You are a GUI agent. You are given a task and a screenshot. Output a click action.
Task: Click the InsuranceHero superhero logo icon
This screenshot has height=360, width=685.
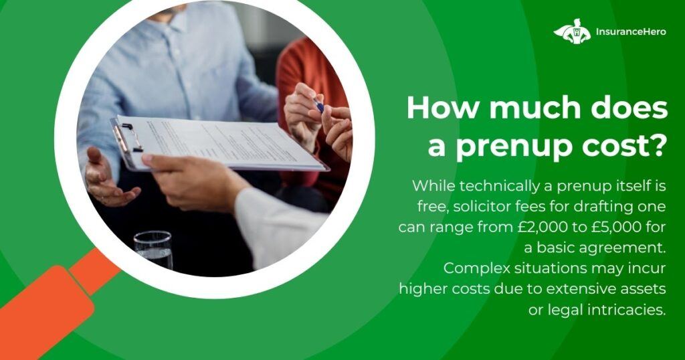572,31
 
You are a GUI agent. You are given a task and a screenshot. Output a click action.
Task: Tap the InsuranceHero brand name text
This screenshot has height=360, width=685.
631,31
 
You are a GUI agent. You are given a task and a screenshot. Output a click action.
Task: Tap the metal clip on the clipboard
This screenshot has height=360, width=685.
126,137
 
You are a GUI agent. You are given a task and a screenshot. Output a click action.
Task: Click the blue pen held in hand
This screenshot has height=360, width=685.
318,105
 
